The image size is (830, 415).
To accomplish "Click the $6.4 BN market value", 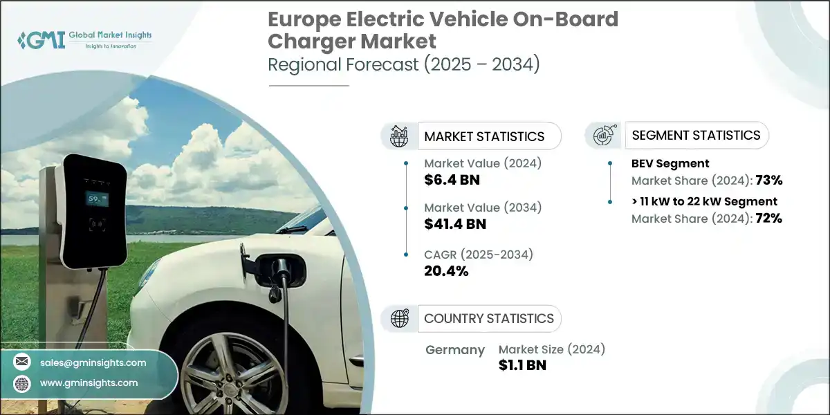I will (x=452, y=181).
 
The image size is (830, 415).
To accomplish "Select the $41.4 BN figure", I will (x=455, y=223).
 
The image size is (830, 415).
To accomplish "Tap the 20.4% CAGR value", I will (x=446, y=270).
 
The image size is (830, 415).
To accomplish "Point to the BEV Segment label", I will (x=670, y=163).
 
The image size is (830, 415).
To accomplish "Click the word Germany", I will (x=454, y=350).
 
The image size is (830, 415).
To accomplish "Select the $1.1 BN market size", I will (x=522, y=365).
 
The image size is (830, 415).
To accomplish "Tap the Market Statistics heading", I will (x=484, y=136).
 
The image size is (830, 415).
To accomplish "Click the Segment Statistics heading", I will (x=696, y=135).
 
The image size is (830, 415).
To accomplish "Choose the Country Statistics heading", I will (x=488, y=319).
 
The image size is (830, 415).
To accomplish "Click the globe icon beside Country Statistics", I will (x=399, y=319).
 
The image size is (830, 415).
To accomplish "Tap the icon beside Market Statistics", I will (x=399, y=136).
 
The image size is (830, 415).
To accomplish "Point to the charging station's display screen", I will (x=96, y=200).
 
